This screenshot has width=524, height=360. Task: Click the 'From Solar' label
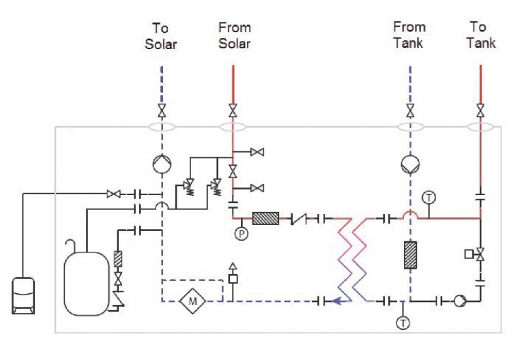[x=234, y=35]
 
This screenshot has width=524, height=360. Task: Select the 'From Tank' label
[x=409, y=35]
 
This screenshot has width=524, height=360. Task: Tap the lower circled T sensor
[x=403, y=322]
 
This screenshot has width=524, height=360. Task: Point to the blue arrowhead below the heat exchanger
[x=334, y=300]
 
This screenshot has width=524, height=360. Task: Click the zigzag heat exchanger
[x=353, y=259]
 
